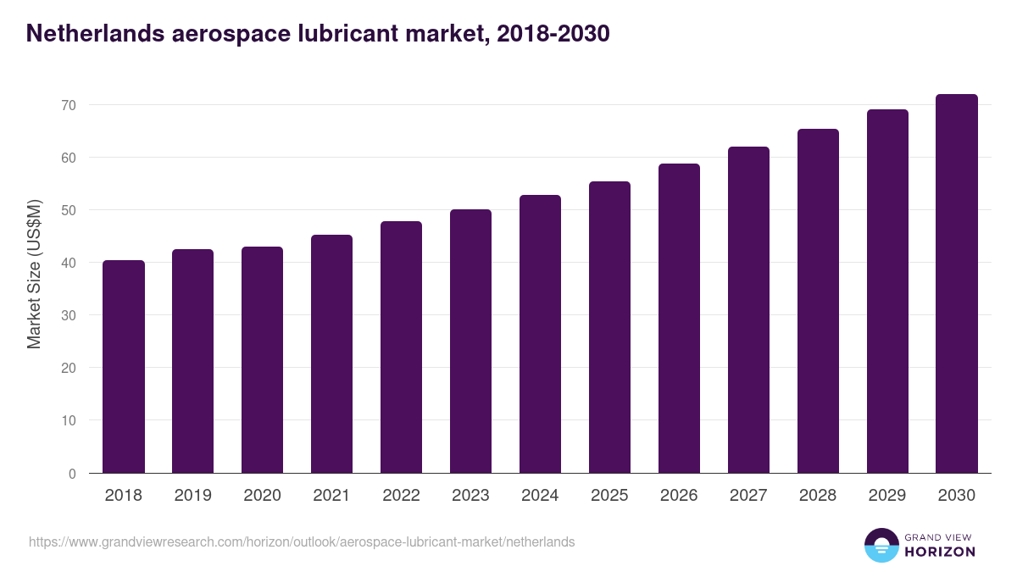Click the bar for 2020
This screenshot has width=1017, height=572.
point(263,359)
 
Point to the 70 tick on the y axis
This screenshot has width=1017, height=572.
point(68,105)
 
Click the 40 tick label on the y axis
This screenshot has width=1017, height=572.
point(68,263)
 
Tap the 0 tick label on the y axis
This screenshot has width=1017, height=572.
point(72,474)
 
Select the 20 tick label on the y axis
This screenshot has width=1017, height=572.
point(68,368)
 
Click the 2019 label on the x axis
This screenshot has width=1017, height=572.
point(192,496)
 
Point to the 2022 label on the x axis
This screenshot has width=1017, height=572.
point(401,496)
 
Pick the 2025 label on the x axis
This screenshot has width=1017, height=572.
point(609,496)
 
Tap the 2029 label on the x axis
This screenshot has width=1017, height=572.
point(887,496)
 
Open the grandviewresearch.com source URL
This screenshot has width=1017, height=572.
point(302,541)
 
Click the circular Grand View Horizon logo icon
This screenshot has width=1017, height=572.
point(881,545)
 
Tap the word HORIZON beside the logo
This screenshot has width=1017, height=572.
point(940,552)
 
